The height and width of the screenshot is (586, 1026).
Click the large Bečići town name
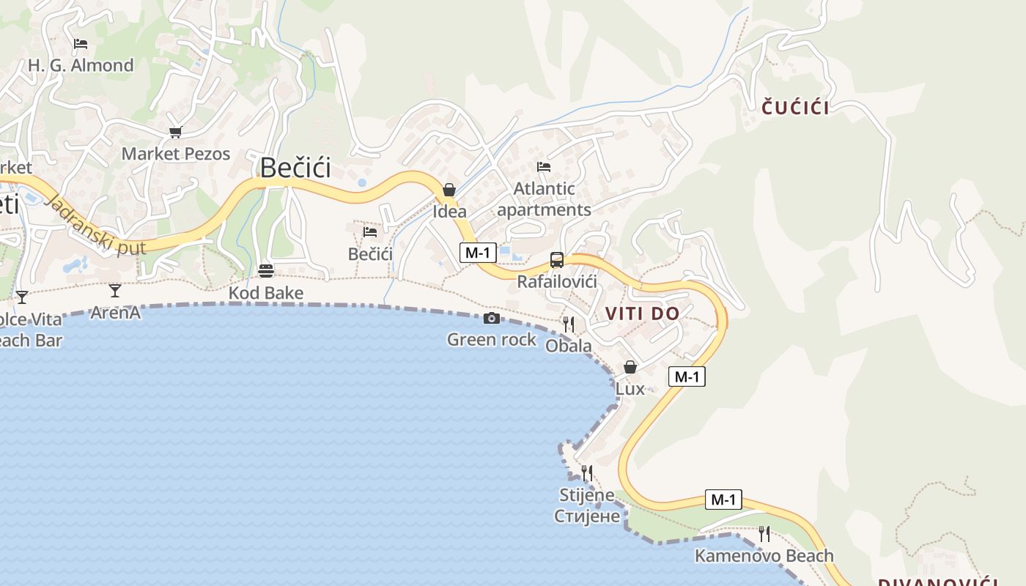(x=295, y=168)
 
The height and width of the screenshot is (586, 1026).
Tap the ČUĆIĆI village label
(x=795, y=108)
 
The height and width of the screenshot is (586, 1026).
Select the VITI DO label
(x=642, y=314)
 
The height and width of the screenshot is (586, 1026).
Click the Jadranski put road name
(x=95, y=224)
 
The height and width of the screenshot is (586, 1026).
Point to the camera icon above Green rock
(x=492, y=318)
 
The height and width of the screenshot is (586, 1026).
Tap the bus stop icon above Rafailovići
(x=557, y=260)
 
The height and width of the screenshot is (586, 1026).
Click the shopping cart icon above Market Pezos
(x=175, y=133)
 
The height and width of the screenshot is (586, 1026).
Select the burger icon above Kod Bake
(x=266, y=271)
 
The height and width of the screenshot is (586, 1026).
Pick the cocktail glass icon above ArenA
(x=115, y=291)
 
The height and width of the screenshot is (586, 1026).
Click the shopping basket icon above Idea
(x=449, y=190)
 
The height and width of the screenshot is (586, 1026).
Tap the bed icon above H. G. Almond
(x=81, y=44)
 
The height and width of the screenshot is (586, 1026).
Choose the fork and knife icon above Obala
(x=569, y=324)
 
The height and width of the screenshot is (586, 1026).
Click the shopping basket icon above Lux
(x=630, y=367)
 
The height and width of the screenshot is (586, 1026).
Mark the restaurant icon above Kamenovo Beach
(x=764, y=534)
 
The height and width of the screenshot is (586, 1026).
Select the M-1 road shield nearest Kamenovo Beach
(x=723, y=500)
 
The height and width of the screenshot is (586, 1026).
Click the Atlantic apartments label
(x=544, y=199)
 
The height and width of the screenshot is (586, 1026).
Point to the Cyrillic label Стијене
(x=587, y=516)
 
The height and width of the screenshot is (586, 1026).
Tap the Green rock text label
(x=492, y=340)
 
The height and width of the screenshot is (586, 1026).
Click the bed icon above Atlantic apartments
(x=543, y=167)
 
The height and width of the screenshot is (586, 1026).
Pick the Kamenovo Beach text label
(x=764, y=556)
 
